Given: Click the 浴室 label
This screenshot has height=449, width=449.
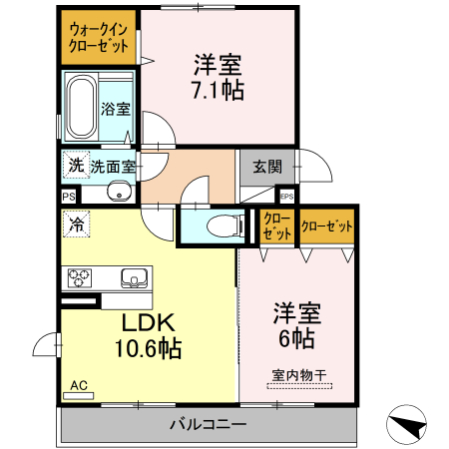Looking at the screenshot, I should pos(117,110).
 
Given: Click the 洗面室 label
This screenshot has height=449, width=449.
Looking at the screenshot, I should pos(113,167).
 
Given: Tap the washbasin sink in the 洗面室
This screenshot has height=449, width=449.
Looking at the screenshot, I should pos(118,193).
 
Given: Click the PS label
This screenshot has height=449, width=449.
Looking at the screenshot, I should pos(69,198).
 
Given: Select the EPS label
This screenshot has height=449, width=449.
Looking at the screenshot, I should pos(286,197).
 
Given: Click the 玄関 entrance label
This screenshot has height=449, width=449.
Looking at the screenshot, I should pos(266,167).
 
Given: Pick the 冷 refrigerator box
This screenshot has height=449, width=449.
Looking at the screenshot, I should pos(76,225).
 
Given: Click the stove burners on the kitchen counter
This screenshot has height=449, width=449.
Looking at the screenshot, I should pos(80,277).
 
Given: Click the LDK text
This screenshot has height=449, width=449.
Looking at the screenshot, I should pos(149,323).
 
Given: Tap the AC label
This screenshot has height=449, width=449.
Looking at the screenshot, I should pos(78,384).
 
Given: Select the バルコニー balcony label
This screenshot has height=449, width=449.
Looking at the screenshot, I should pos(208,426).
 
